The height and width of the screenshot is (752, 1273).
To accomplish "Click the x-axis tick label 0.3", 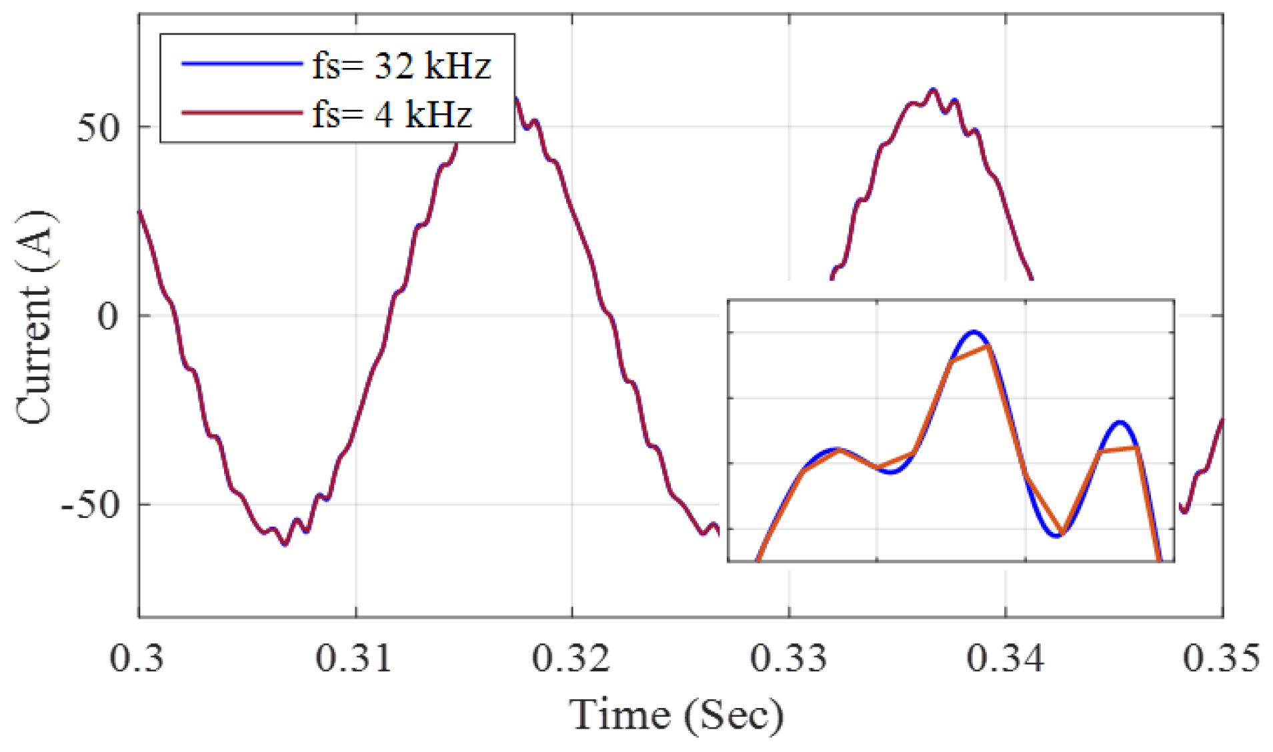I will point(137,659).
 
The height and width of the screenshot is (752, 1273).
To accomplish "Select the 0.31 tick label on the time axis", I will point(353,659).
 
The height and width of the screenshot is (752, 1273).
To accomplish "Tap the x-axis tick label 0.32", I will point(571,659).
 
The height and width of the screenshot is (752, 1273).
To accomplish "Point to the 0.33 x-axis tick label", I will point(788,659).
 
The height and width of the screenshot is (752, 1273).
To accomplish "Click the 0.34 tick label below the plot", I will point(1005,659).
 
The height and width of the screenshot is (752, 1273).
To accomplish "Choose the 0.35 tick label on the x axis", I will point(1221,659).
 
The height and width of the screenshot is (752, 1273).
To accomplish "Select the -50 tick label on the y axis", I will point(89,505).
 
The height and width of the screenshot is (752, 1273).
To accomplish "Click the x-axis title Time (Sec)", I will point(676,715).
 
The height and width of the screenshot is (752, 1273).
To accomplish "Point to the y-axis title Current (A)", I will point(35,317).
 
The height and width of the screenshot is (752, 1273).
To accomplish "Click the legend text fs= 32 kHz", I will point(401,65).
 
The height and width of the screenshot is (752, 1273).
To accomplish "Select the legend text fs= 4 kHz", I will point(392,114).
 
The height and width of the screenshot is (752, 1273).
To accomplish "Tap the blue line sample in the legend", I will point(241,64).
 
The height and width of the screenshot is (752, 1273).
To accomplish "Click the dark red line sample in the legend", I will point(241,113).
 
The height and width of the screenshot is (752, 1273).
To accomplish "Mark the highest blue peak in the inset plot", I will point(974,331).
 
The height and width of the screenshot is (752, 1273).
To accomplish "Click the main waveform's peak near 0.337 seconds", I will point(933,89).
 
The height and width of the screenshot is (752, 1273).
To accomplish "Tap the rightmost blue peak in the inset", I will point(1120,422).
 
